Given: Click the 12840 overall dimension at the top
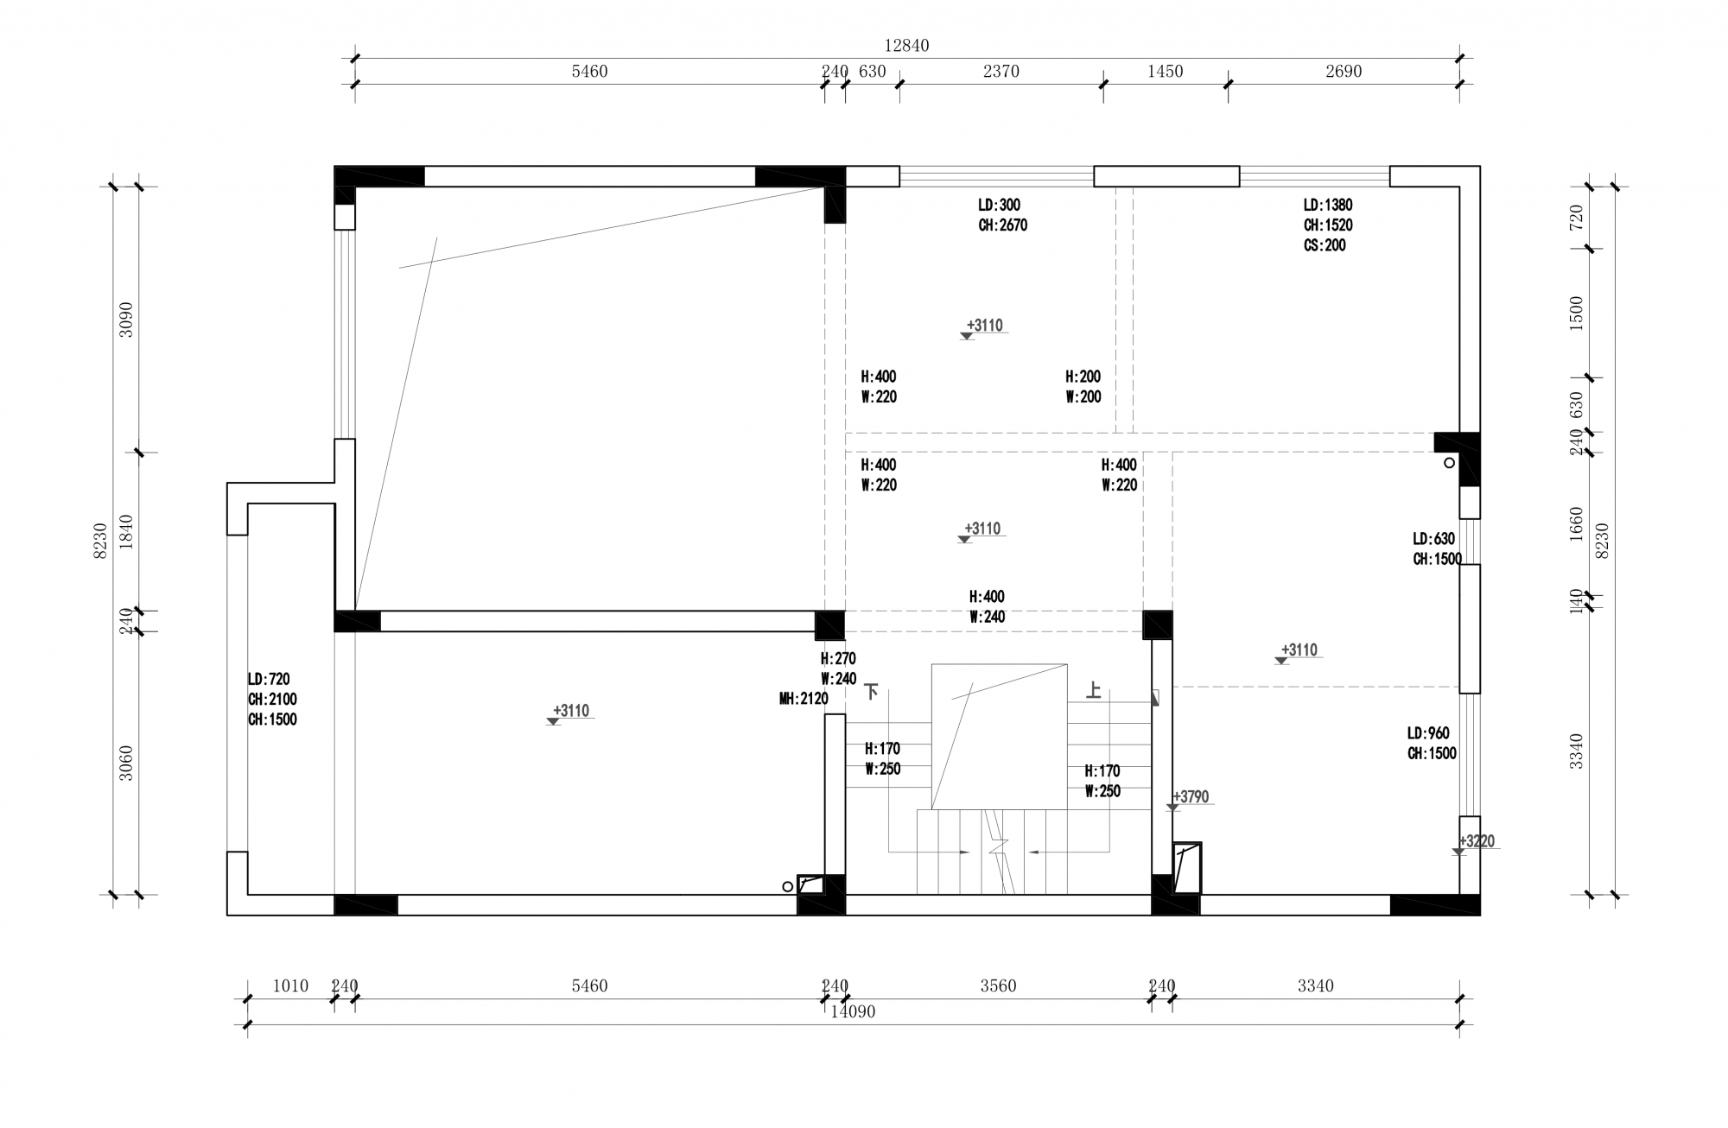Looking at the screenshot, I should [906, 46].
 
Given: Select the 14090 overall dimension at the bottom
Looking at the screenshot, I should [853, 1011].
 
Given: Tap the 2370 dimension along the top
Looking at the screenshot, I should [1001, 72].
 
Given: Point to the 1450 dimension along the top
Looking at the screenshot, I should [1165, 72].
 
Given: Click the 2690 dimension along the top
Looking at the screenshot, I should [1344, 72].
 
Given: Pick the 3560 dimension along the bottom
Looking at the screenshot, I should [998, 985].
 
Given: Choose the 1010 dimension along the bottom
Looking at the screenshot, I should [290, 985].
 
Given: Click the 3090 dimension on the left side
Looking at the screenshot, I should [126, 319].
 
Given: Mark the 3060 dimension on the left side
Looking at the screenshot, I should [126, 763].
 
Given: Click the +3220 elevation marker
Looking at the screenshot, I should [1477, 841].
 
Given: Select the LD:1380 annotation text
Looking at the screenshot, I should [1328, 206].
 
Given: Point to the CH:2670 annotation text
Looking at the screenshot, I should [1002, 225].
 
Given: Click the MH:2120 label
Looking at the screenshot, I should [804, 700].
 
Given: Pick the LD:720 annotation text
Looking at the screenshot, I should [269, 680].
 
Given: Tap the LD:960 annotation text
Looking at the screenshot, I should [1428, 733].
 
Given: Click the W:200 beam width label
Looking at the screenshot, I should [1083, 397].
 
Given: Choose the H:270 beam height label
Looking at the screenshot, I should [838, 659].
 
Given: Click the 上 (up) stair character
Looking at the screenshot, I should [1094, 690].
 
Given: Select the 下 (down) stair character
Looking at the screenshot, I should [872, 691].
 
